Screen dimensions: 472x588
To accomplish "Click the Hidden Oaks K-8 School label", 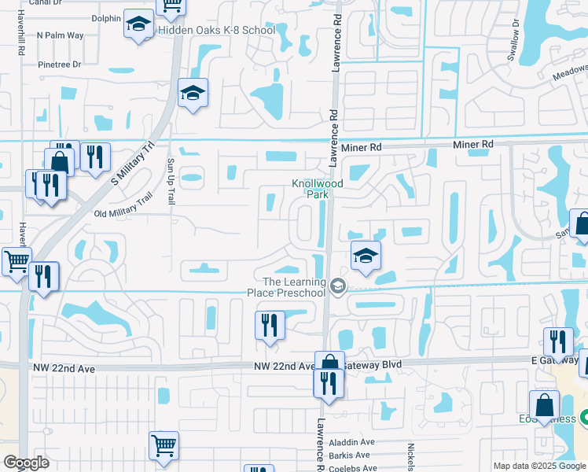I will coord(217,30).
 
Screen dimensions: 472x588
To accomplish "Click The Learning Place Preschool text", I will coord(294,288).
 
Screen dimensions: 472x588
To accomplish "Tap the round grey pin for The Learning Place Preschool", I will coord(338,286).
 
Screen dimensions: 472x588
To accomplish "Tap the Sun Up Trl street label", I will coord(170,181).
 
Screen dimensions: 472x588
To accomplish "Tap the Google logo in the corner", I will coord(26,463).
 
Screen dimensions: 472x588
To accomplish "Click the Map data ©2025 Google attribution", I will coord(539,466).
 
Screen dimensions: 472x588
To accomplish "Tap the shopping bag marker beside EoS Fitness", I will coord(544,406).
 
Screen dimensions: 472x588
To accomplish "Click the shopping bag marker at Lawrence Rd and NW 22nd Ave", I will coord(329,364).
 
